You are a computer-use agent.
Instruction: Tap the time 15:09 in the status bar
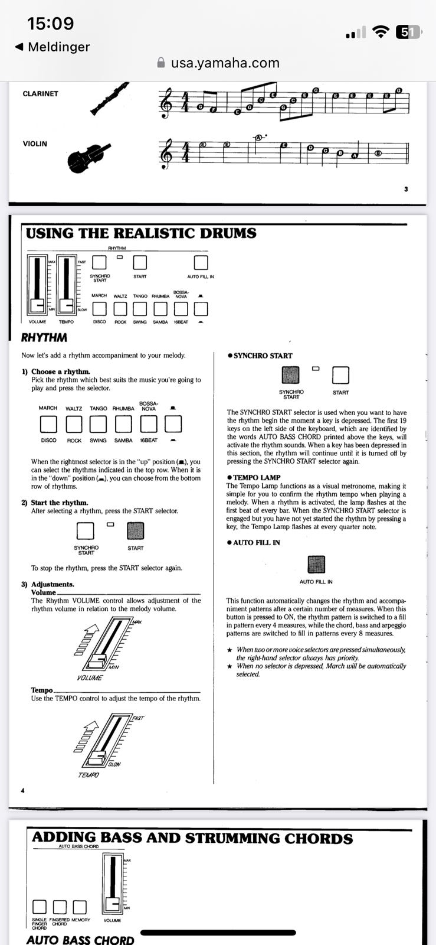51,24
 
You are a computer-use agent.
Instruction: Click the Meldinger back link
53,47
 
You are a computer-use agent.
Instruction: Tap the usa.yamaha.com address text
225,63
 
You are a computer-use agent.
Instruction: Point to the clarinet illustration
109,99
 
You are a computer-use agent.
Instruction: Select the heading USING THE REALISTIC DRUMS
141,233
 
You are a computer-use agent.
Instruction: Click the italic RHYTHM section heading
44,338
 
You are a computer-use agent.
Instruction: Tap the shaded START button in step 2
136,531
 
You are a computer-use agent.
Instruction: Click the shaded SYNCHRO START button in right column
291,375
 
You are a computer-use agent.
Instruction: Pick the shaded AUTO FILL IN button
316,564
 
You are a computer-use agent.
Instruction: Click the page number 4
22,790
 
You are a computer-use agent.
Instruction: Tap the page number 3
406,189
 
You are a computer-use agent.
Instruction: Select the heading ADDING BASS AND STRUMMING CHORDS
192,838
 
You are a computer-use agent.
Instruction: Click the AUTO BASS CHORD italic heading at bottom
80,939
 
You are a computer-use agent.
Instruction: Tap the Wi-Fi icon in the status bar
382,32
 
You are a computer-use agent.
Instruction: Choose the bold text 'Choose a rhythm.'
60,372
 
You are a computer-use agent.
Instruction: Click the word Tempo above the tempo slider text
42,690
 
